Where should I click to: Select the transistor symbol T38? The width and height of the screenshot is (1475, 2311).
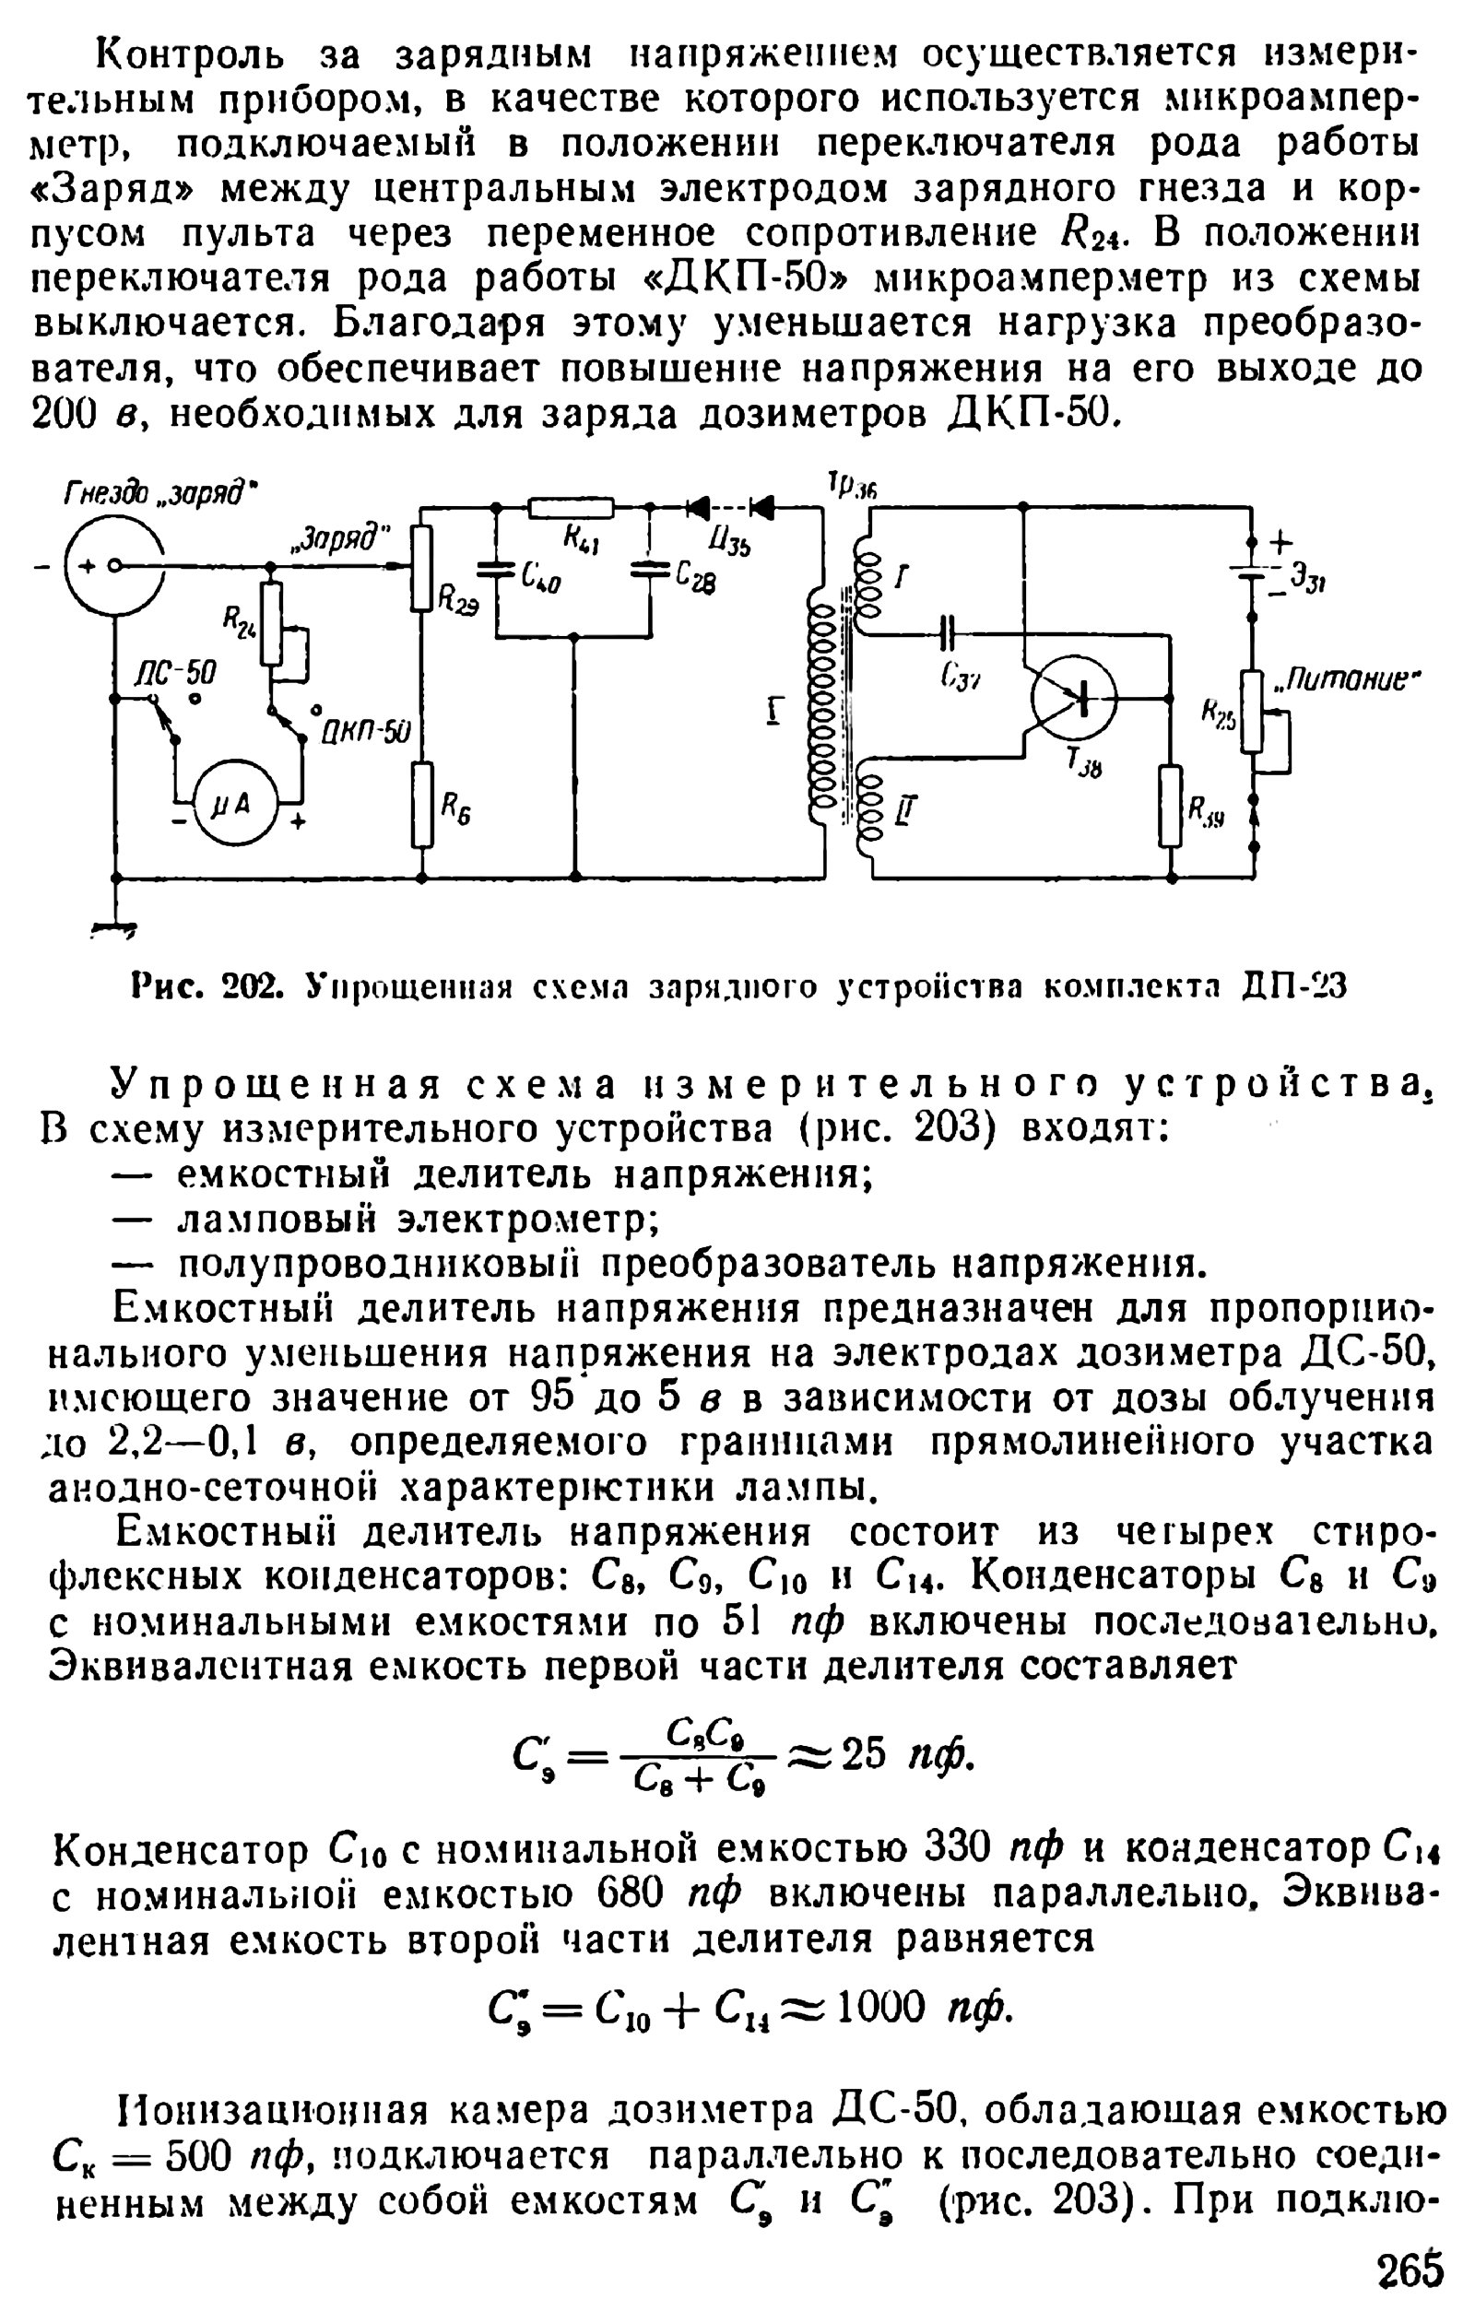pos(1075,700)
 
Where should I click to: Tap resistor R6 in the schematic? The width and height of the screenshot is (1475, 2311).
pos(422,805)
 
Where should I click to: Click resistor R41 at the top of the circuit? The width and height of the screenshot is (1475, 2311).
pos(572,507)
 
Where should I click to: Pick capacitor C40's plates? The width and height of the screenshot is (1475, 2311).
pos(496,568)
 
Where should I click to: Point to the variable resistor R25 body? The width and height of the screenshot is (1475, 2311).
pos(1252,711)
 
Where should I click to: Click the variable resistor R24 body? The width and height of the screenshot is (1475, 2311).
pos(272,625)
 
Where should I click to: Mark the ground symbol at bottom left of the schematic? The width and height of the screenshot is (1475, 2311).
pos(114,928)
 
